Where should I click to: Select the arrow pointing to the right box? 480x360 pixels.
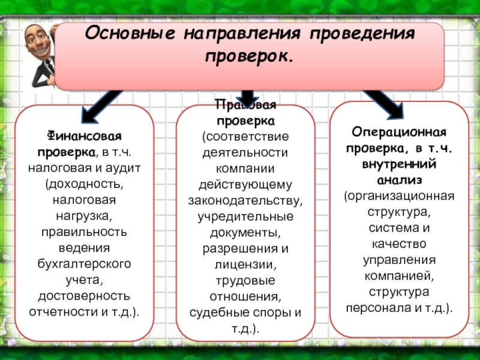(x=384, y=102)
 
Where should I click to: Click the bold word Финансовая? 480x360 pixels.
(x=83, y=136)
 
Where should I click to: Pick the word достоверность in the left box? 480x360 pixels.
(x=84, y=295)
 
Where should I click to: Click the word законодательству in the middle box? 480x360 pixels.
(x=246, y=200)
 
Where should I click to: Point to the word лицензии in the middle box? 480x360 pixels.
(x=246, y=265)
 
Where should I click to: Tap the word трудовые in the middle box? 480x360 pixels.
(x=246, y=281)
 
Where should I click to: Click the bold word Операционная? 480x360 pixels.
(x=399, y=131)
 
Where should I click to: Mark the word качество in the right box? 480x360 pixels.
(x=399, y=244)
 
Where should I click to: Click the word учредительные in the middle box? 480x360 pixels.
(x=246, y=216)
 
